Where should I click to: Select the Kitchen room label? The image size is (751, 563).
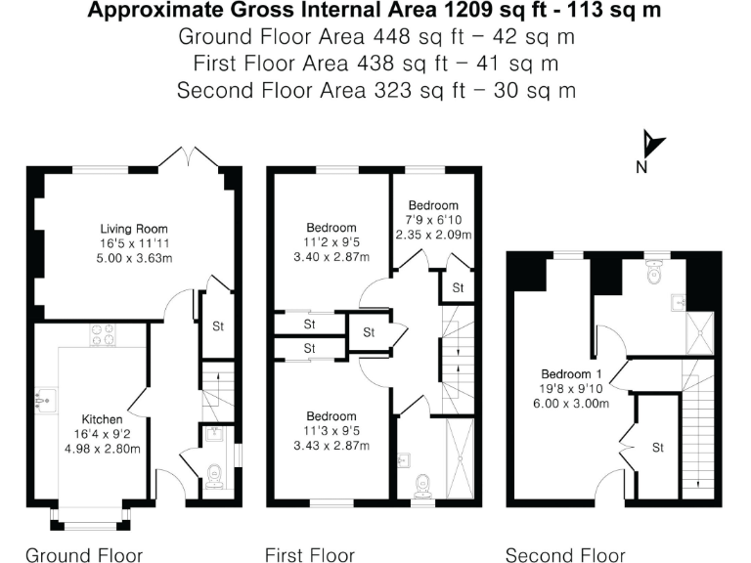click(x=102, y=419)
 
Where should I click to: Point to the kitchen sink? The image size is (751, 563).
click(x=44, y=398)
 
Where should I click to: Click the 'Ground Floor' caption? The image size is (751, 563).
click(x=83, y=555)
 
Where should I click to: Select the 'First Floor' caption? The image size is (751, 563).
click(x=309, y=555)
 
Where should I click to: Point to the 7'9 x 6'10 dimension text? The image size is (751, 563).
click(x=433, y=220)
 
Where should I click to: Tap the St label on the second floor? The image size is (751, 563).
click(x=658, y=447)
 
